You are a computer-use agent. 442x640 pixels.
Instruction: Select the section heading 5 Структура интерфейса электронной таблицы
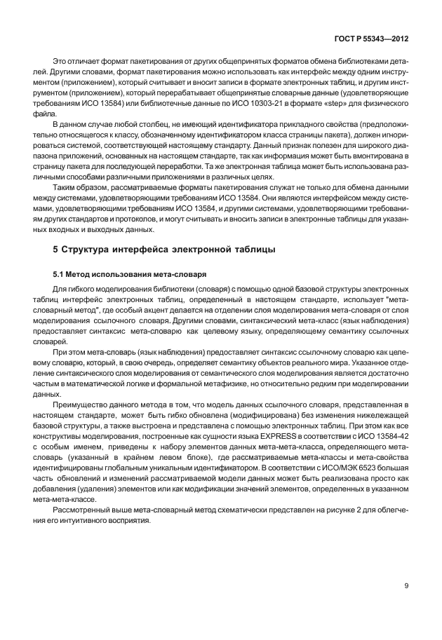(x=165, y=250)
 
